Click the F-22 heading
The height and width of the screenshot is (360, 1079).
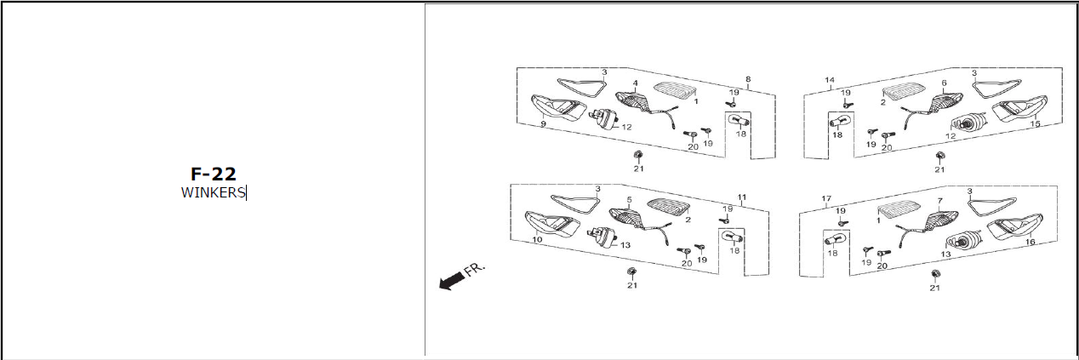point(214,174)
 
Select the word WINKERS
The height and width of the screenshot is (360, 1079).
point(213,193)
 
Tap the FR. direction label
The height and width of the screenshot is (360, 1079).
point(475,269)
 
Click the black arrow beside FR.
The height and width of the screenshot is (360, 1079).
point(451,281)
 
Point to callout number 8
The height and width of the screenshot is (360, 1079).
point(748,79)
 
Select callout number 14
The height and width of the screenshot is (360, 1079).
point(830,80)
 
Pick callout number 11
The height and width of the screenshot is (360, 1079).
point(742,197)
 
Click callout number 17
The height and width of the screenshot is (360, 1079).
point(826,198)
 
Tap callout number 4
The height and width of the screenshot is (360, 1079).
point(636,83)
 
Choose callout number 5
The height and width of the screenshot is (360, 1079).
point(629,199)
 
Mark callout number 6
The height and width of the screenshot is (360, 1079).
point(945,83)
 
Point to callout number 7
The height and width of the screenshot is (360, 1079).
point(939,201)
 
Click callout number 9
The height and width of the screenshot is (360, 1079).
point(544,124)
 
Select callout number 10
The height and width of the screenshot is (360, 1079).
point(538,239)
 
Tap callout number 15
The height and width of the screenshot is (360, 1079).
point(1035,124)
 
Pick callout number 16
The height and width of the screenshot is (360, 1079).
point(1030,242)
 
